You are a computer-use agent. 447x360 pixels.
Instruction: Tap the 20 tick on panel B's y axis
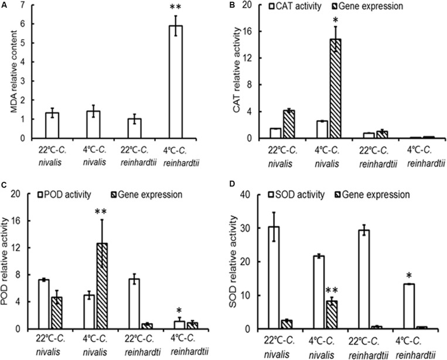point(247,5)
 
